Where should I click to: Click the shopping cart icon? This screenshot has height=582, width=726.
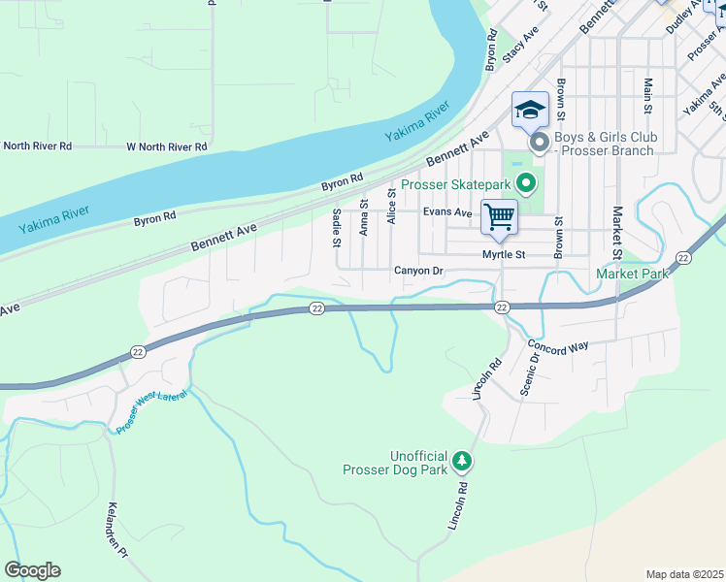point(499,217)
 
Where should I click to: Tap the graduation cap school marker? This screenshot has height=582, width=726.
point(530,110)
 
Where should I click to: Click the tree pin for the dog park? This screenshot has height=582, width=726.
point(464,460)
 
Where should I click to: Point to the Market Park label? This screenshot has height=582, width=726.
point(633,274)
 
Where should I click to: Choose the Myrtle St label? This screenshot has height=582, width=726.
point(504,255)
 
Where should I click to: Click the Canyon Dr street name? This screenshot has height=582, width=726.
point(418,271)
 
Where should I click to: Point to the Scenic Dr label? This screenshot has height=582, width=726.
point(529,372)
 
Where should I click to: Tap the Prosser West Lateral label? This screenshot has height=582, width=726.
point(153,409)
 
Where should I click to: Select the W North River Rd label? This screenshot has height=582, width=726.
point(167,146)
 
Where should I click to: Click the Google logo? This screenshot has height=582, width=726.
point(32,570)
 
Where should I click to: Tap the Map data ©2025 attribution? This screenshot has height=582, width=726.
point(684,574)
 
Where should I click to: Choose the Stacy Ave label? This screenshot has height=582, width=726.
point(521,48)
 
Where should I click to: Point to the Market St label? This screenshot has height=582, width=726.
point(616,230)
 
